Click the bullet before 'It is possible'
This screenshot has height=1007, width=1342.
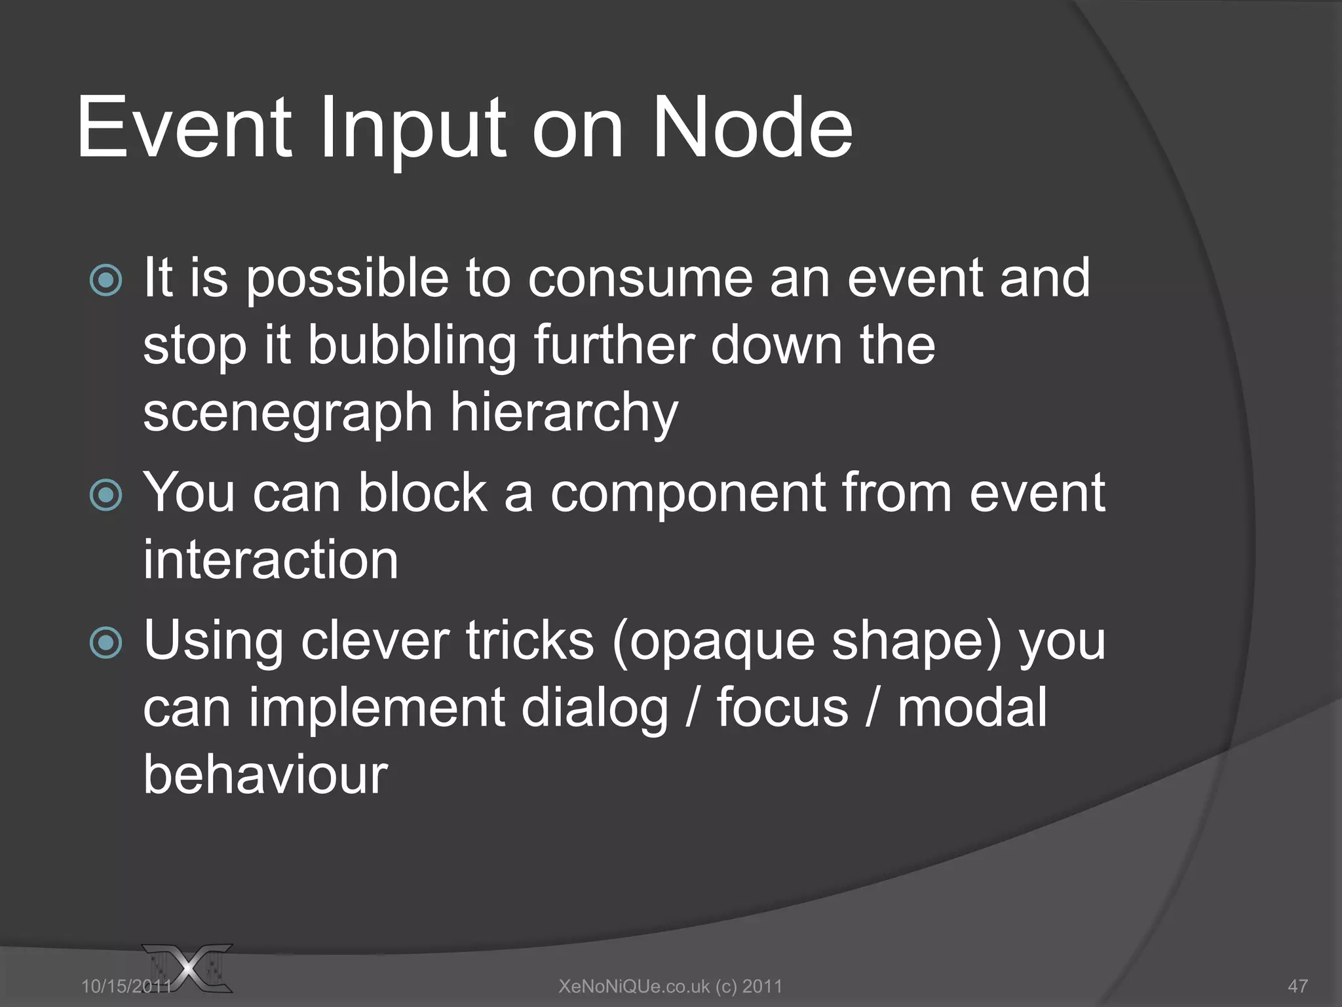click(105, 281)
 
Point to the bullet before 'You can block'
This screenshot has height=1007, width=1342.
click(105, 495)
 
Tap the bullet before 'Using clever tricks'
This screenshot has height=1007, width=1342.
click(105, 643)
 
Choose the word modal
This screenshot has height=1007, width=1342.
click(972, 709)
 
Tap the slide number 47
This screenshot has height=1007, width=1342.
click(1297, 986)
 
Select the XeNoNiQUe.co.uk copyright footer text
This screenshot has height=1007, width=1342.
click(670, 986)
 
